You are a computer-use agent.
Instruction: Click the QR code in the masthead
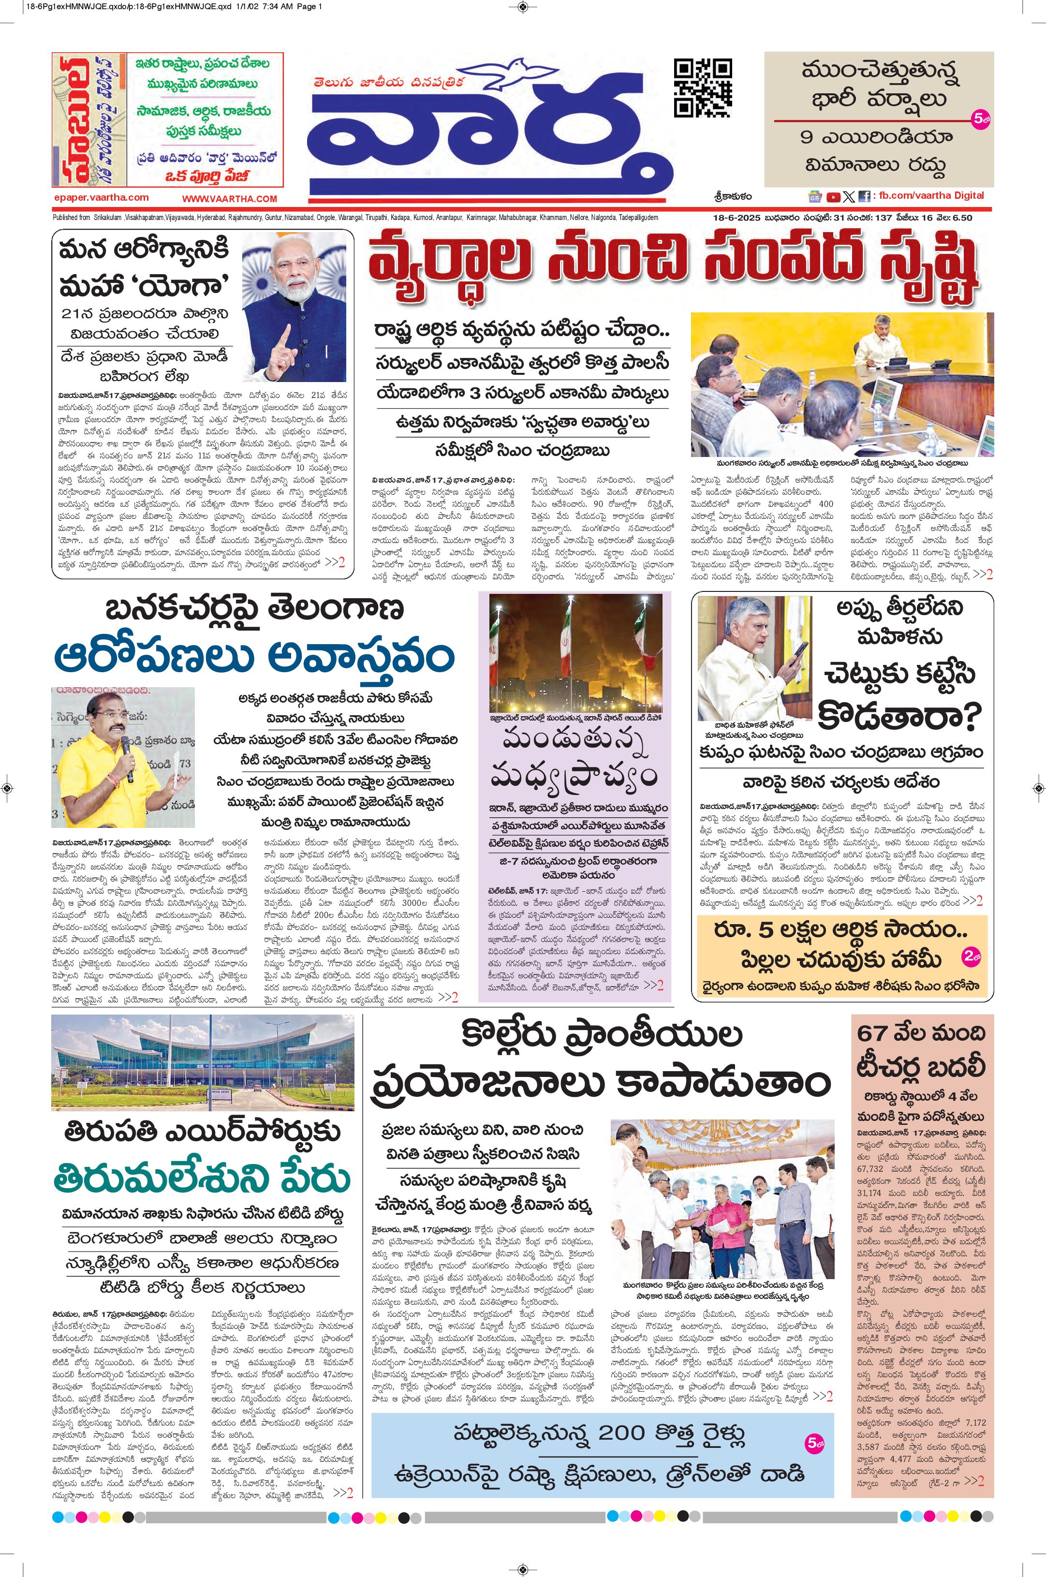tap(703, 88)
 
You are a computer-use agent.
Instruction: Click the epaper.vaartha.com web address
tap(102, 197)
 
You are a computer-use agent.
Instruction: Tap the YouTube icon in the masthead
tap(833, 197)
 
